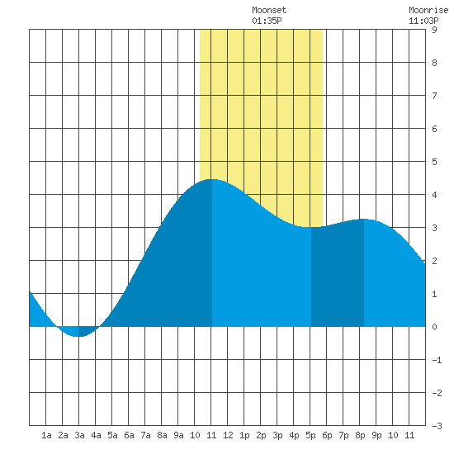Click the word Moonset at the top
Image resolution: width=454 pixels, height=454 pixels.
pos(269,10)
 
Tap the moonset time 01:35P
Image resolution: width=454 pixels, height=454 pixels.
pos(267,21)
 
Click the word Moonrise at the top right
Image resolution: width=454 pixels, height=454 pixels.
pos(428,10)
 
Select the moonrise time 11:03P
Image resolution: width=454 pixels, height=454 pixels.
pos(423,21)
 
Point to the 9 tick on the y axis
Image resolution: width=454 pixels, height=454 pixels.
pos(434,30)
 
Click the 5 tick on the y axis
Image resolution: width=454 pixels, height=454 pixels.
pos(434,162)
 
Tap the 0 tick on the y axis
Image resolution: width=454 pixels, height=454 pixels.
pos(434,327)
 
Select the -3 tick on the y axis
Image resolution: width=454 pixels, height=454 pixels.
pos(437,426)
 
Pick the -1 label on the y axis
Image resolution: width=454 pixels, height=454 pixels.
pos(437,360)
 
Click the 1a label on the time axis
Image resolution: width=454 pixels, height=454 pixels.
pos(46,435)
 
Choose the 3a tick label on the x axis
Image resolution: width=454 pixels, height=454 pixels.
pos(79,435)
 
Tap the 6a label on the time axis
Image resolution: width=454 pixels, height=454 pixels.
pos(129,435)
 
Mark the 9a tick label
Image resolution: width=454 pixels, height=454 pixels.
pos(178,435)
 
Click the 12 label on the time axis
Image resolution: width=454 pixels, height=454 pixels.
pos(228,435)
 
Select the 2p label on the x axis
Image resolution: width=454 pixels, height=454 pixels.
pos(261,435)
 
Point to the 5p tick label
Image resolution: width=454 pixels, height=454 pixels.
pos(310,435)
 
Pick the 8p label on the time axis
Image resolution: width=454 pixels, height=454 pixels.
pos(360,435)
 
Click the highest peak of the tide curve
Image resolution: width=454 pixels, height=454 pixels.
pos(212,179)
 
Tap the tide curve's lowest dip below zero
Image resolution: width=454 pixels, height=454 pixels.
pos(78,337)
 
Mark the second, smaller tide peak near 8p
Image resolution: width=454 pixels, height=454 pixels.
pos(364,219)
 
